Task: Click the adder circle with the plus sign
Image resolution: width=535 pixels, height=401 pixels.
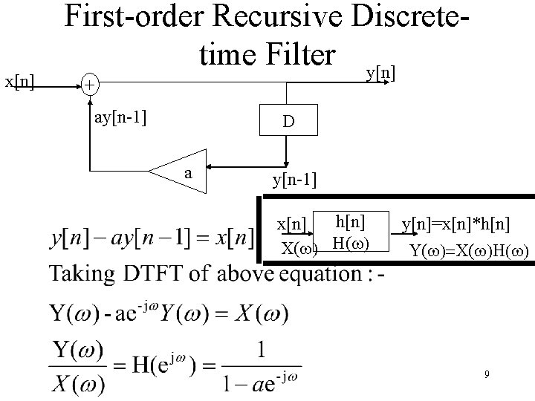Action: tap(88, 85)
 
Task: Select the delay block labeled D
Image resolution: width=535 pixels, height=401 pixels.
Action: tap(287, 121)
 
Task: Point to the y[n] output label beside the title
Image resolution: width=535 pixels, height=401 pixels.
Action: tap(380, 72)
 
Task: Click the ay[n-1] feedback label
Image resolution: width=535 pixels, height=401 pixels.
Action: tap(120, 117)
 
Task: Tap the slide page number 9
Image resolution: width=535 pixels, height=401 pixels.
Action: tap(487, 375)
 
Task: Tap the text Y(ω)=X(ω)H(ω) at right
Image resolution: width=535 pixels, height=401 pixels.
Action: tap(470, 250)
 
